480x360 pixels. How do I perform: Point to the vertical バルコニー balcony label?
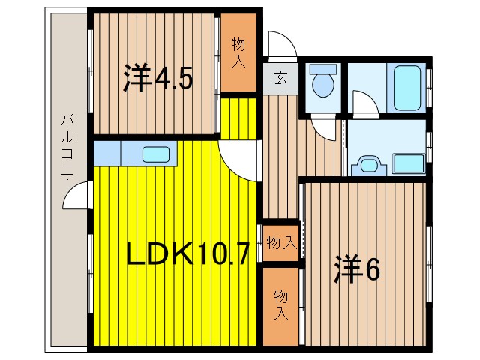point(67,151)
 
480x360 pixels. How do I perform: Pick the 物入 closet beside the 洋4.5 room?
point(238,52)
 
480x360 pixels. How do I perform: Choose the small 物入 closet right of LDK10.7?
point(280,242)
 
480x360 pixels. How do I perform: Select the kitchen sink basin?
point(156,155)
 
